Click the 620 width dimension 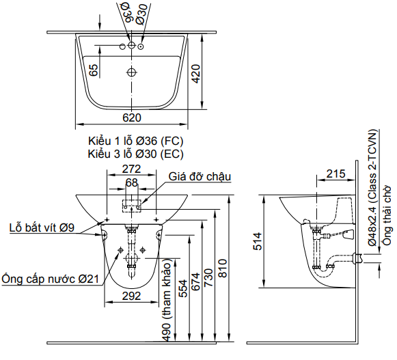click(131, 117)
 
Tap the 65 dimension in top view click(93, 69)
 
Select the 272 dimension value click(131, 169)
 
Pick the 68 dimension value click(131, 182)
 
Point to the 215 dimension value click(335, 174)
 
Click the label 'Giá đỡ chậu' click(200, 176)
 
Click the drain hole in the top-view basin click(131, 71)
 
